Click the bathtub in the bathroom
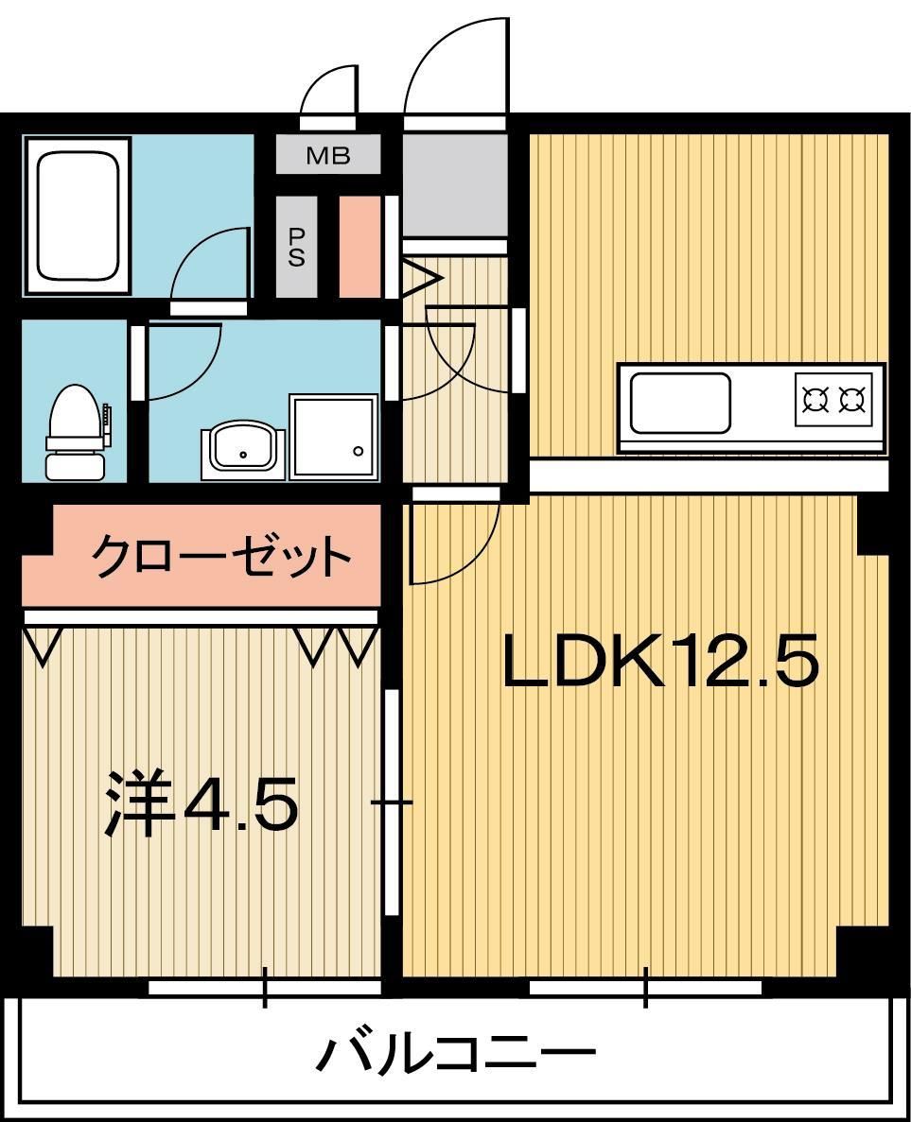78,216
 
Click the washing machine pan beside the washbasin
333,437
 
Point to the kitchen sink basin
680,402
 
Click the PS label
297,247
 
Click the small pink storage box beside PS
359,246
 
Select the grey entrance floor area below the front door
454,184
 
